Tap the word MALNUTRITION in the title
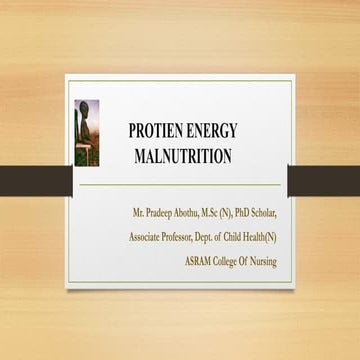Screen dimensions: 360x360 [x=182, y=156]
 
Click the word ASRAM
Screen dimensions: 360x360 [x=200, y=261]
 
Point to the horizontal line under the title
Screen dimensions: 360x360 [x=180, y=185]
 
